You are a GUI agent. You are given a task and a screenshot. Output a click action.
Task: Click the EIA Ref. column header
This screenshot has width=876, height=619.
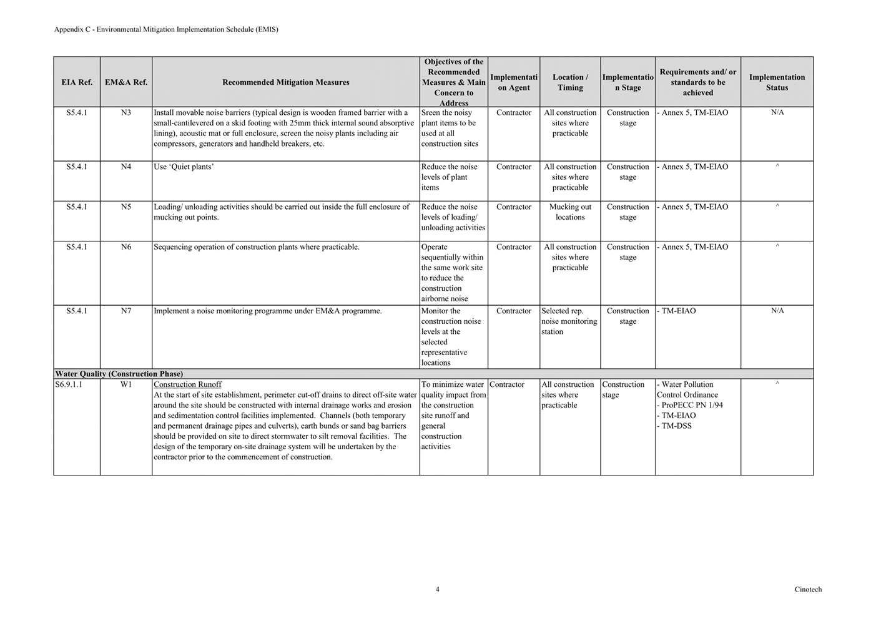click(77, 82)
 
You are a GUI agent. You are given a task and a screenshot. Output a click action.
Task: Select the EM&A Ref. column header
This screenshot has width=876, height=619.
click(126, 82)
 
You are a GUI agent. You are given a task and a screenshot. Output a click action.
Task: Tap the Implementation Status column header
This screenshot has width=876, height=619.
click(777, 82)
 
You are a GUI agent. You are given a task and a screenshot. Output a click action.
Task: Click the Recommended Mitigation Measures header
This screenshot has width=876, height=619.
click(285, 82)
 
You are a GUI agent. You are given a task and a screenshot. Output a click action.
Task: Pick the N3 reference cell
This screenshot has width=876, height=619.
click(126, 113)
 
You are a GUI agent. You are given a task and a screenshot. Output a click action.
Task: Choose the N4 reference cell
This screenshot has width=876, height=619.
click(126, 167)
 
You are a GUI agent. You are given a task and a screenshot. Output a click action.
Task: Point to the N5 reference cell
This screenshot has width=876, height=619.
click(126, 207)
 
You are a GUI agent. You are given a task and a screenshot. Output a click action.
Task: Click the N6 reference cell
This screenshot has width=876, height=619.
click(126, 247)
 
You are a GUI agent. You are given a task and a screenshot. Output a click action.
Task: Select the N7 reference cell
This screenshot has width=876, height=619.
click(126, 311)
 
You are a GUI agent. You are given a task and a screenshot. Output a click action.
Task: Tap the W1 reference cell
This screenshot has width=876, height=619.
click(126, 385)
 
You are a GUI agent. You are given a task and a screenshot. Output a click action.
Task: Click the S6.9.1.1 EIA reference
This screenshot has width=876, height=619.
click(69, 385)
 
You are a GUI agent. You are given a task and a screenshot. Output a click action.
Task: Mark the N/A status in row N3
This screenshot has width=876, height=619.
click(777, 113)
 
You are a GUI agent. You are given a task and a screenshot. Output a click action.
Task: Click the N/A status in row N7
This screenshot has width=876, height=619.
click(777, 311)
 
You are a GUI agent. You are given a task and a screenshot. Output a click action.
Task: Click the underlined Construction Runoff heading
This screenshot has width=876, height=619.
click(187, 385)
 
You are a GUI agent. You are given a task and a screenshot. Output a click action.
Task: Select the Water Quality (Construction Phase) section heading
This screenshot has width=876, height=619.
click(119, 374)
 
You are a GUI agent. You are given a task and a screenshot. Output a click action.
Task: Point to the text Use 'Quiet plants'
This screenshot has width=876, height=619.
click(184, 167)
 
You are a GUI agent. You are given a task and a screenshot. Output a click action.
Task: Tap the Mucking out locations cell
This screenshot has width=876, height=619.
click(570, 212)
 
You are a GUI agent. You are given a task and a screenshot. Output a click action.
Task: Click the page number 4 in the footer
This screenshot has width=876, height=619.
click(437, 590)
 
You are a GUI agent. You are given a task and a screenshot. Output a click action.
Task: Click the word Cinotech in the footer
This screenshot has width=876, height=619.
click(808, 590)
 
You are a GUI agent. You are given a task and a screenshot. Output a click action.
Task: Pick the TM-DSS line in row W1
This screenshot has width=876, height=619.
click(676, 426)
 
